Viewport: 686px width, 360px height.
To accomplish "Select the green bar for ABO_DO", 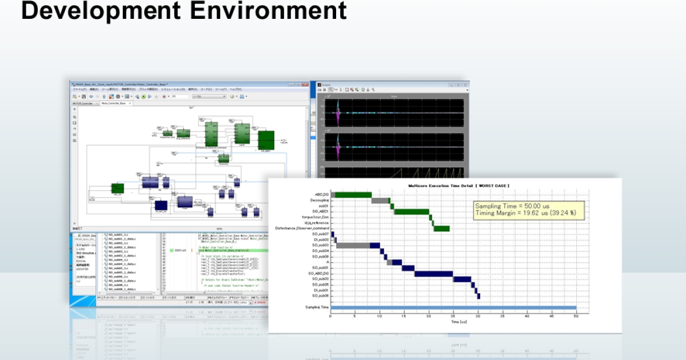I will [x=353, y=195].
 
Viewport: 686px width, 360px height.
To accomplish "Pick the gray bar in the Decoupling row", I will [x=380, y=201].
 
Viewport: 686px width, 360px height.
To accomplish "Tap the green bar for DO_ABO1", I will [x=412, y=211].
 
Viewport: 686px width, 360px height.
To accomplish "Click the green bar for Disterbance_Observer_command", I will [x=441, y=229].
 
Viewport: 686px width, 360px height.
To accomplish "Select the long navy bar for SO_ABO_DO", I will [x=433, y=274].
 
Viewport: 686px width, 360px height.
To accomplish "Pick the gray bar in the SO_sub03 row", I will [x=352, y=246].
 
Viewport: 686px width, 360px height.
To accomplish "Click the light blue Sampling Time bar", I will [x=454, y=308].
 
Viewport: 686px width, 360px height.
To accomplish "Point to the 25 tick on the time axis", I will [x=453, y=316].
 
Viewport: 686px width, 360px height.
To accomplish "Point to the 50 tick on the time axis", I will [x=576, y=316].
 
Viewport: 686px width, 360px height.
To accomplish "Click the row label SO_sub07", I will [x=320, y=234].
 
